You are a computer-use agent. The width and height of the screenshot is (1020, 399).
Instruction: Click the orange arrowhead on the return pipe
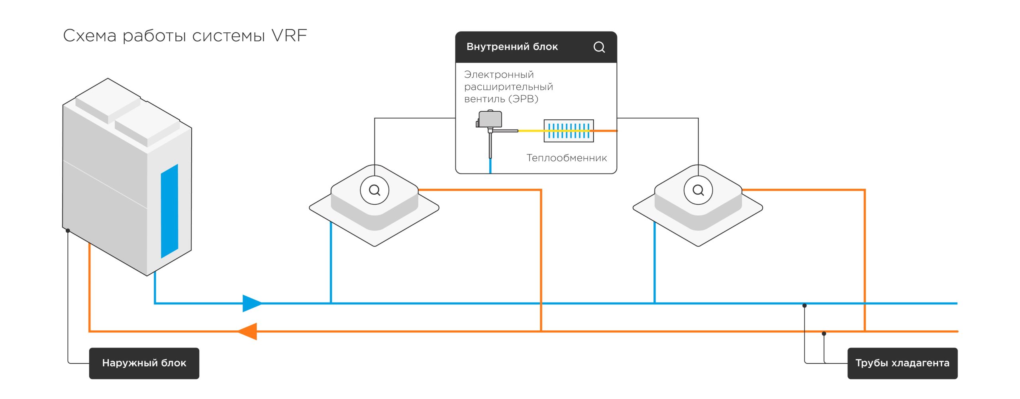tap(248, 331)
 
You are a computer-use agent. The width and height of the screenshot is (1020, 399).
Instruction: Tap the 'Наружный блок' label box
tap(144, 363)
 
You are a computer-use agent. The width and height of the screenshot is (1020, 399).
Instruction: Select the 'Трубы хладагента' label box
tap(902, 363)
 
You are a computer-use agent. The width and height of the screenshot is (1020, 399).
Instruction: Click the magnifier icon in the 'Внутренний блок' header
tap(599, 47)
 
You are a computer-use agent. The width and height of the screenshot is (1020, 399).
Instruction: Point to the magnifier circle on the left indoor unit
tap(375, 190)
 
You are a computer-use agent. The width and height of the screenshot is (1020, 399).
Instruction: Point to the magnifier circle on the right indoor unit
tap(698, 190)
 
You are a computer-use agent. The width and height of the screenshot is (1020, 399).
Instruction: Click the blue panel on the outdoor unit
tap(169, 211)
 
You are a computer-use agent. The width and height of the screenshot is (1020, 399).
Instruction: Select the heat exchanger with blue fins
tap(569, 130)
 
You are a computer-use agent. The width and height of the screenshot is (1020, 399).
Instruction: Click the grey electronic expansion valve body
tap(490, 119)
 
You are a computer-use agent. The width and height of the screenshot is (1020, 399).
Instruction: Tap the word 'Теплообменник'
tap(567, 158)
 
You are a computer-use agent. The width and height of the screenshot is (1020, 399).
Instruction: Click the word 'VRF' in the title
tap(289, 36)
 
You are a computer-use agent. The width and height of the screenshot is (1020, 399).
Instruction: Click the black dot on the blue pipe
tap(804, 306)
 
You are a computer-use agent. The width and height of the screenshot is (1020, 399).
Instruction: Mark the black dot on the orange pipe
tap(824, 334)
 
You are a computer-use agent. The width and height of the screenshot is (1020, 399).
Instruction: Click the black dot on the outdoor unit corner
tap(68, 231)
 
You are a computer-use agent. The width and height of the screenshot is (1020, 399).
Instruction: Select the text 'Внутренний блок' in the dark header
tap(512, 47)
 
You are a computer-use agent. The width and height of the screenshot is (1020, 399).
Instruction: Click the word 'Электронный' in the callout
tap(499, 75)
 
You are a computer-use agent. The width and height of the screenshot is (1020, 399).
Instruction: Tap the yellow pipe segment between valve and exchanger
tap(531, 130)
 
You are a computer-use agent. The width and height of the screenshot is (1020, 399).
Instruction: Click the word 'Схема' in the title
tap(90, 36)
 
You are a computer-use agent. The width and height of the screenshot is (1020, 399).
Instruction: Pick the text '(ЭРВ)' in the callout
tap(525, 99)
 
